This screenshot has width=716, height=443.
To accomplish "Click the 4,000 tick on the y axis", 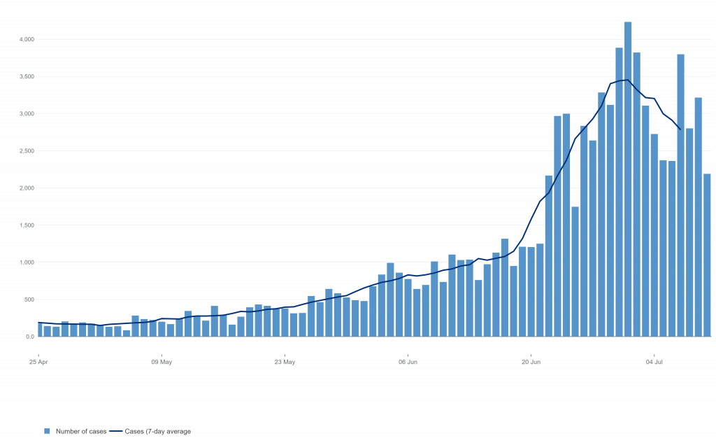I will coord(27,39).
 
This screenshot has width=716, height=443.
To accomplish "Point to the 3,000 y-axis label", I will coord(27,113).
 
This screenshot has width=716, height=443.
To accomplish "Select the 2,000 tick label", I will coord(27,188).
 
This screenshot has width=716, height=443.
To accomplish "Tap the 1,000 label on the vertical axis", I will coord(27,262).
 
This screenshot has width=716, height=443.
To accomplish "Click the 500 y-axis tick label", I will coord(28,300).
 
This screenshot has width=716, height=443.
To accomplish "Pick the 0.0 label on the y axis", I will coord(29,337).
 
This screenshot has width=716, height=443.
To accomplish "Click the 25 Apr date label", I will coord(38,363).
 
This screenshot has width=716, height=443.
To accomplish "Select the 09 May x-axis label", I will coord(162,363).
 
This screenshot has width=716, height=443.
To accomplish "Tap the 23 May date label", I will coord(285,363).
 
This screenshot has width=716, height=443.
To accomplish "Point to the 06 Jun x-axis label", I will coord(408,363).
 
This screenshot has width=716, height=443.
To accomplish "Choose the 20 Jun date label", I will coord(531,363).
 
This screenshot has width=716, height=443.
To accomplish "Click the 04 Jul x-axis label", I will coord(654,363).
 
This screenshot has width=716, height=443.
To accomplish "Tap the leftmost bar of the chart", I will coord(40,330).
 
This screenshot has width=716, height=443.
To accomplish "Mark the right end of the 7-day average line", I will coord(680,129).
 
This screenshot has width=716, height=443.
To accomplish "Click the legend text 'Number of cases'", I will coord(81,431).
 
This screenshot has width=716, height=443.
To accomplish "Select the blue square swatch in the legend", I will coord(48,431).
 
